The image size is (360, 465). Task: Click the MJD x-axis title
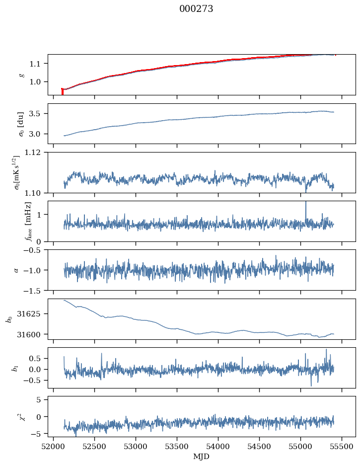[x=201, y=457]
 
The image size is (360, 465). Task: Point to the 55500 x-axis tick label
[x=342, y=447]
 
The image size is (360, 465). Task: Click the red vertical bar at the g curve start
[x=62, y=91]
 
